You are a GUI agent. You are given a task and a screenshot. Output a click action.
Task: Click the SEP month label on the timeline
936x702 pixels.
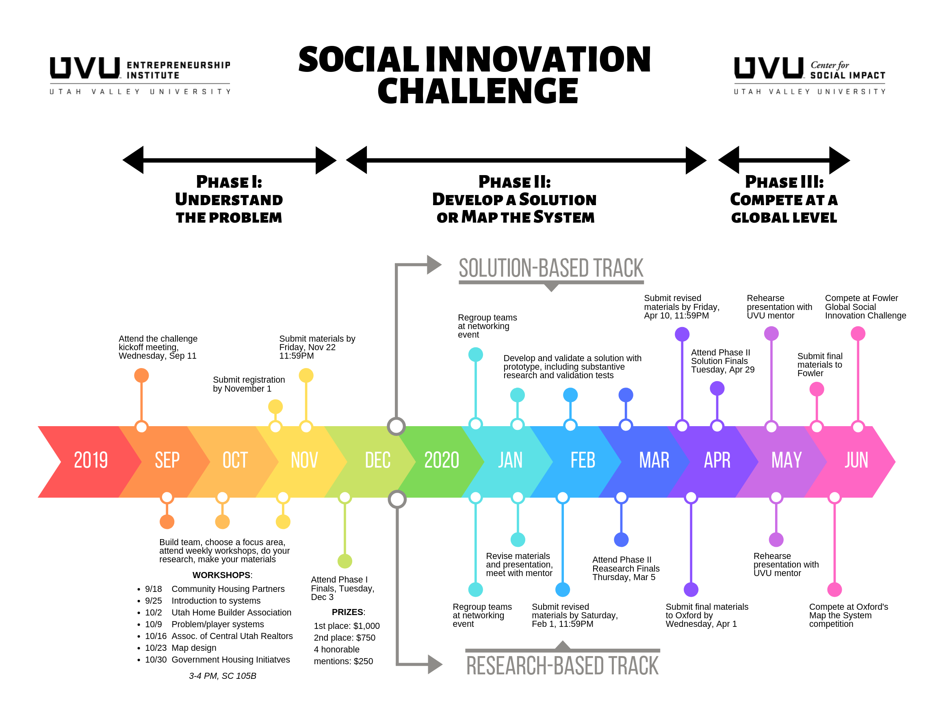click(x=167, y=460)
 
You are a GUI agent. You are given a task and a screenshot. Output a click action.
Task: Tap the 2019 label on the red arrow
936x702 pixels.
click(x=91, y=460)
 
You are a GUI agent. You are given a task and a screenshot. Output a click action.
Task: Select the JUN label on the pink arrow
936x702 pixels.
click(x=856, y=460)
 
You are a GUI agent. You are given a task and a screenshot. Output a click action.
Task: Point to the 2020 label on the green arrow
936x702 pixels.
click(x=441, y=460)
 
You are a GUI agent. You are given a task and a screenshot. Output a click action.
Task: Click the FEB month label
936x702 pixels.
click(x=583, y=460)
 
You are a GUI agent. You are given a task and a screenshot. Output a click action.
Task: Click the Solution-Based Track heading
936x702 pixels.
click(x=551, y=268)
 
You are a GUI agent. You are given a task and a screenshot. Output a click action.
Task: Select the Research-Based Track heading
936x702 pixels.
click(x=562, y=665)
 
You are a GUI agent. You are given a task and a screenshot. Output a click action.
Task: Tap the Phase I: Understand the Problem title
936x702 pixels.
click(x=229, y=199)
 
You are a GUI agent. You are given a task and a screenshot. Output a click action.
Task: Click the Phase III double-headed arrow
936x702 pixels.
click(x=784, y=160)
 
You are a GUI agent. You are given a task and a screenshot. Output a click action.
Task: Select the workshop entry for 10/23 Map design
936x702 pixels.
click(x=181, y=648)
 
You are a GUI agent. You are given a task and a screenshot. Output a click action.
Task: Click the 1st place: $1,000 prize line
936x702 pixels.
click(x=347, y=626)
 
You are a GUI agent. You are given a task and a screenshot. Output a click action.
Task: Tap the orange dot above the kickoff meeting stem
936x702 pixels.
click(x=141, y=375)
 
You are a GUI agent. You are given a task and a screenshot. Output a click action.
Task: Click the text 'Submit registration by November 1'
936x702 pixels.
click(x=249, y=384)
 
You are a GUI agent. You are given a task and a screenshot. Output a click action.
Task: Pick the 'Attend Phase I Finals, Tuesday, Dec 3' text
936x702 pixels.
click(x=342, y=588)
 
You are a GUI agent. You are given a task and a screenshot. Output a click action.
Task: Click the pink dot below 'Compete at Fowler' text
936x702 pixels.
click(x=858, y=334)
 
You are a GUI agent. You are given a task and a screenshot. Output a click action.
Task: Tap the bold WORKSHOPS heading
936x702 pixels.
click(x=222, y=575)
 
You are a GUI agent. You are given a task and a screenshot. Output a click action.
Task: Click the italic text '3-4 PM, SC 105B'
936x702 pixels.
click(x=223, y=676)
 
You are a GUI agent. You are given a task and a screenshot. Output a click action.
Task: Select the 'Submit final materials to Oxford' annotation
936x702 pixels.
click(x=706, y=615)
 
